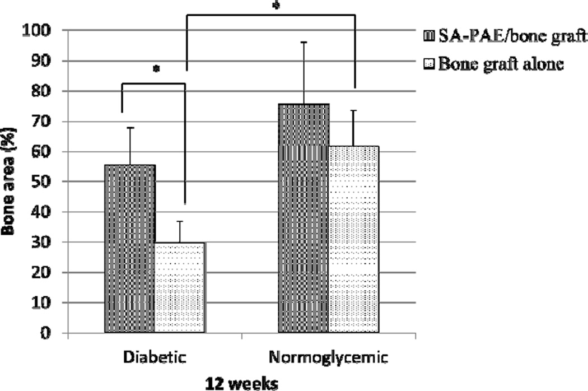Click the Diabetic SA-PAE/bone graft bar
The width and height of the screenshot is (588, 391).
pos(130,249)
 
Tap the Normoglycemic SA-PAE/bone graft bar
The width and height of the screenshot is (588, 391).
pos(304,218)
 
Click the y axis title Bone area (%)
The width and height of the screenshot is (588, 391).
pos(11,182)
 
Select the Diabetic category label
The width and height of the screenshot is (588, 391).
pos(154,357)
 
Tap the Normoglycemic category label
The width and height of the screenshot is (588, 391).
pos(329,357)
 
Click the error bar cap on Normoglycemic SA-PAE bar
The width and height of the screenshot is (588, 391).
pos(304,42)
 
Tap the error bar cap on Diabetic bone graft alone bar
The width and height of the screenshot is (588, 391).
pos(180,221)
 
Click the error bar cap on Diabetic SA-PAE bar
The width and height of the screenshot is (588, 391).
pos(130,128)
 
